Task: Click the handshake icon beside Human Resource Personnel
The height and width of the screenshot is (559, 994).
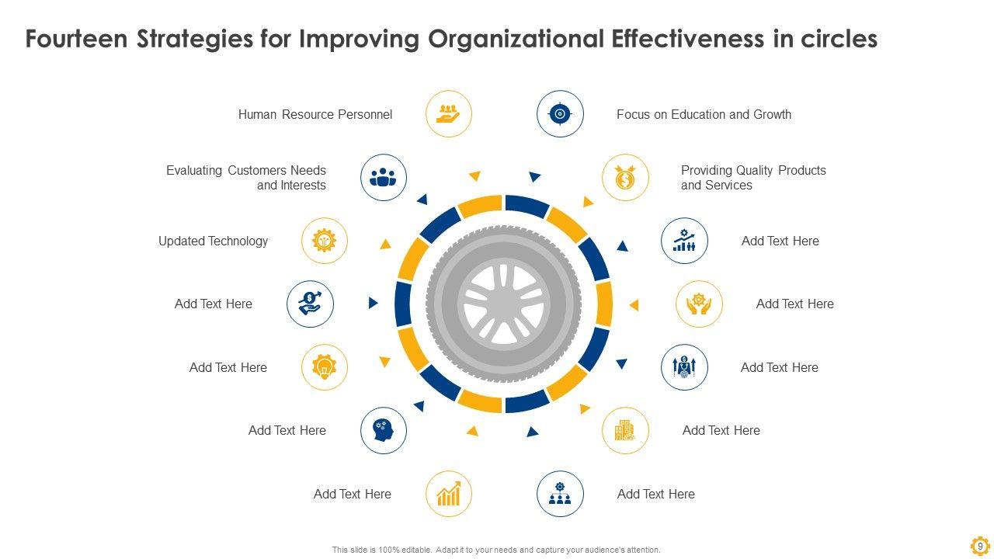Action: [x=449, y=114]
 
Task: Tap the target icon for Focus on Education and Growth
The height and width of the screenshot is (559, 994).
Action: [x=560, y=114]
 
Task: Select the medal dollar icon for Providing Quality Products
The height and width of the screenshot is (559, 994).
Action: [x=625, y=178]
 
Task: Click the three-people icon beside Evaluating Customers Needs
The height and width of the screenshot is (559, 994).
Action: [x=384, y=178]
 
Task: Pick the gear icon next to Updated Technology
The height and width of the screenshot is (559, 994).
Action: [x=325, y=241]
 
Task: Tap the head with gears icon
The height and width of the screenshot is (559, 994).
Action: [x=384, y=430]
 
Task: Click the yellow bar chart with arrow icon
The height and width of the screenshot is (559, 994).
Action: [x=449, y=494]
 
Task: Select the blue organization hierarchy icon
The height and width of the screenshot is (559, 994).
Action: [x=560, y=494]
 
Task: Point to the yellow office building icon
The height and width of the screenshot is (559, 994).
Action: [x=625, y=430]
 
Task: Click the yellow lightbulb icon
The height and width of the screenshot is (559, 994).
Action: [x=325, y=367]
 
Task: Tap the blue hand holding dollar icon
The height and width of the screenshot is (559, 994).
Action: [x=310, y=304]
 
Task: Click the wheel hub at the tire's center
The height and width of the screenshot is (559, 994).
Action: [x=503, y=304]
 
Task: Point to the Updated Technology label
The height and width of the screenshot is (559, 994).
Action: [x=213, y=241]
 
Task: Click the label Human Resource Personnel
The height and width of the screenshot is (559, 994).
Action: [x=315, y=114]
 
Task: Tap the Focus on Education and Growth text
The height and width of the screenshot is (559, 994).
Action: [x=704, y=114]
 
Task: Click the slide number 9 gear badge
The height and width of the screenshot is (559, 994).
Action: [x=980, y=546]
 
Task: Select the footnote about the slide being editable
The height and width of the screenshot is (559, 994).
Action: [x=496, y=550]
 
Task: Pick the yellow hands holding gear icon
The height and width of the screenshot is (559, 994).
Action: [x=699, y=304]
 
